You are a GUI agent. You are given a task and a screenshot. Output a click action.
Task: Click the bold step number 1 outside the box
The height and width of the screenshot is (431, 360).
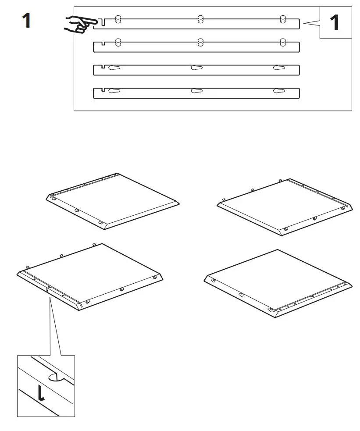click(x=26, y=21)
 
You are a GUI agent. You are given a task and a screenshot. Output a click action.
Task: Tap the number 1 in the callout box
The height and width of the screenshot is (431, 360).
click(x=335, y=22)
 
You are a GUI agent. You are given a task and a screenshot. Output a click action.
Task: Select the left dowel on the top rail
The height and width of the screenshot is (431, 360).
click(x=118, y=19)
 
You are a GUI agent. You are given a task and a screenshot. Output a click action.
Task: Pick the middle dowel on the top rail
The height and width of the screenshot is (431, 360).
click(x=200, y=19)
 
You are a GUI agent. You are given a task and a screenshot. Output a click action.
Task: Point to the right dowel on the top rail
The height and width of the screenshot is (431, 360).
click(x=283, y=19)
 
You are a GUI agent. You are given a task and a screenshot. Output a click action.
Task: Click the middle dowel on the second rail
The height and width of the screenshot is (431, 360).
click(x=200, y=42)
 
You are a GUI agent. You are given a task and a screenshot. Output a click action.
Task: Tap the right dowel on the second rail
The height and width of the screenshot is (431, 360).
click(x=283, y=42)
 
